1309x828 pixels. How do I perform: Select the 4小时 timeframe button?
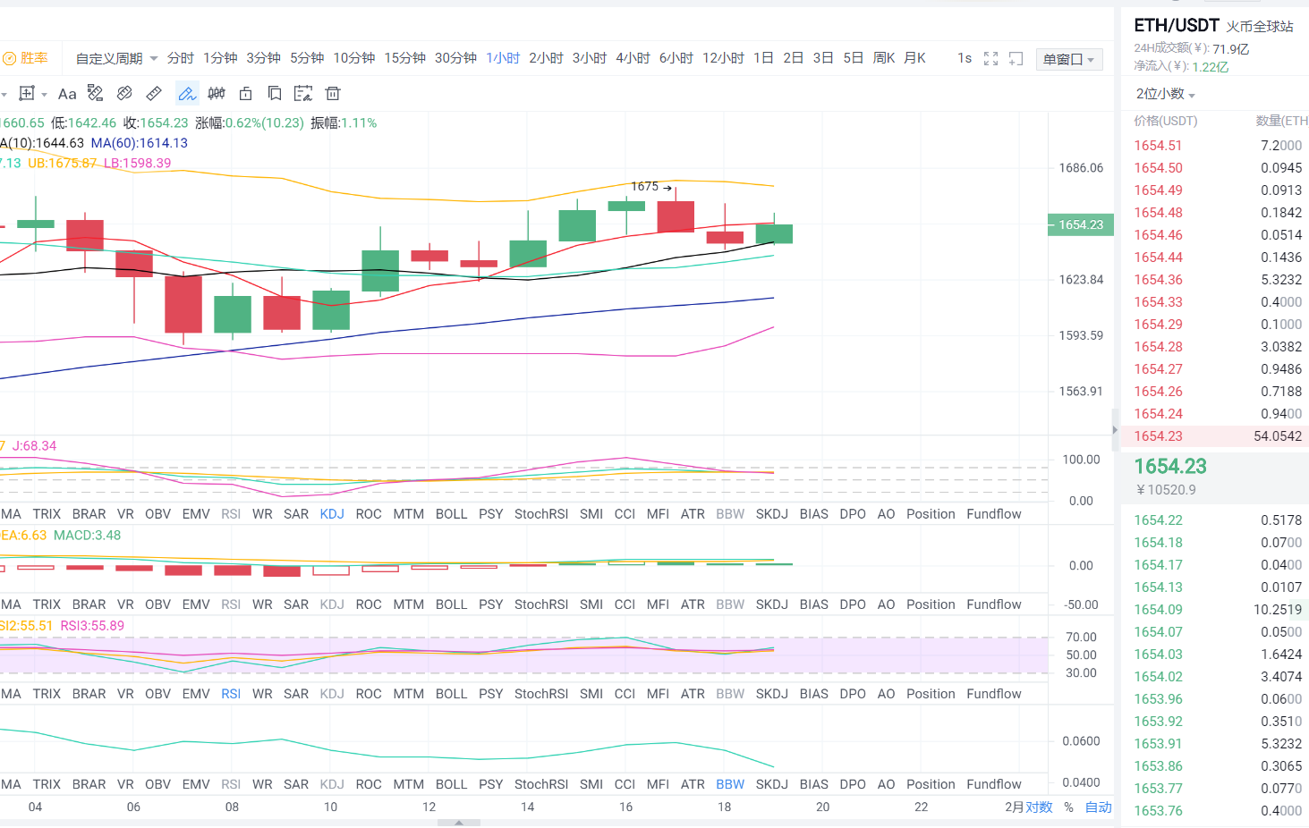coord(633,58)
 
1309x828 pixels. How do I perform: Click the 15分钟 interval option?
coord(404,58)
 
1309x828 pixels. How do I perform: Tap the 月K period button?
coord(914,58)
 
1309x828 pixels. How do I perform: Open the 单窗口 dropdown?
coord(1068,59)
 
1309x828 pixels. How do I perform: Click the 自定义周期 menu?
coord(116,58)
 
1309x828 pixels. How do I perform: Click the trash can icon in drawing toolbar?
coord(333,93)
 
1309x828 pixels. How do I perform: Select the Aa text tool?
coord(67,94)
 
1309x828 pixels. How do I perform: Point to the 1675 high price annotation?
coord(645,186)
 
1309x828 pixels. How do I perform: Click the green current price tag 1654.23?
coord(1081,224)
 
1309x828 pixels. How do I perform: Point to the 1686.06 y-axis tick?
coord(1081,168)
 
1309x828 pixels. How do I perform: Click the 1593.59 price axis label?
coord(1081,335)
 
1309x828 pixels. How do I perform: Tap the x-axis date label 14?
coord(527,807)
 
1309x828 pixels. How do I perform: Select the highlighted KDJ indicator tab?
coord(332,514)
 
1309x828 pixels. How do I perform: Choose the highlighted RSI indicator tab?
coord(231,694)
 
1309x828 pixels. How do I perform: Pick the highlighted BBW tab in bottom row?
coord(730,784)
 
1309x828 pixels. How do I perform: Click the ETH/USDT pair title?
coord(1176,25)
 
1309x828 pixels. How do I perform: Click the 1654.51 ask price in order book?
coord(1158,146)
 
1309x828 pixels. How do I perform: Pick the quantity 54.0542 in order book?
coord(1278,436)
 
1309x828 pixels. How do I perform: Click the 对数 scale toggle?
coord(1040,807)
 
